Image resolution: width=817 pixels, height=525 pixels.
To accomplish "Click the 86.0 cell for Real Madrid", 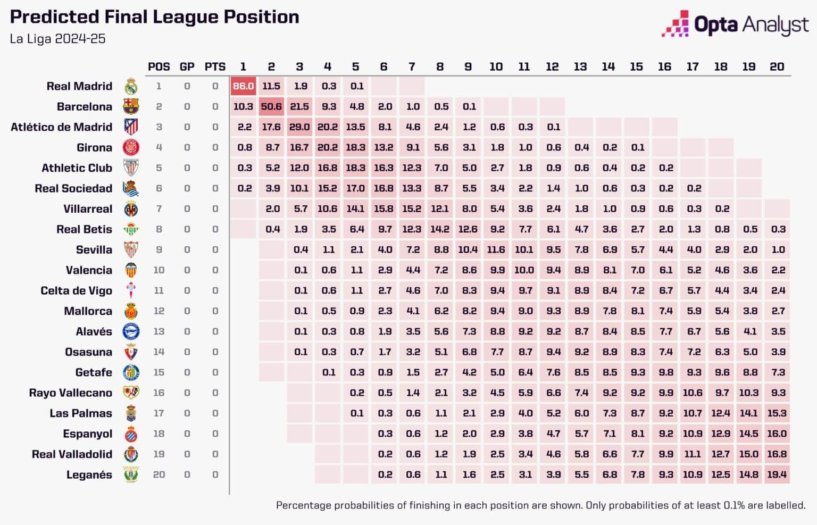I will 243,86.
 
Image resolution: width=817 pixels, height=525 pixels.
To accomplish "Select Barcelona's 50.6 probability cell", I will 271,106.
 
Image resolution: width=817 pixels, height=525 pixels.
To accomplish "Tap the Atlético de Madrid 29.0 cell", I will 299,127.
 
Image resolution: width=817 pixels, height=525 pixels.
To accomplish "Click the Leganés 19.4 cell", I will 777,474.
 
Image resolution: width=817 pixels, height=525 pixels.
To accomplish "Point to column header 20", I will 777,66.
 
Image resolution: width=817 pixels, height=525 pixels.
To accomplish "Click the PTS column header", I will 215,66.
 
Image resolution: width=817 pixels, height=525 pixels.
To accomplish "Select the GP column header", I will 187,66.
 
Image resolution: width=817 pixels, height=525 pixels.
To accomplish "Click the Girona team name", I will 94,147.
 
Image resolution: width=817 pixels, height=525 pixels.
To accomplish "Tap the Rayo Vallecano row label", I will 70,393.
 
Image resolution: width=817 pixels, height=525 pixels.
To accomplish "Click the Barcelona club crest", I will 131,106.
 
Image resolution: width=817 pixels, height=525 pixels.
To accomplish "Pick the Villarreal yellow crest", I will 131,209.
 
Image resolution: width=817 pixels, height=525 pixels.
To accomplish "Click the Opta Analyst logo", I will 735,24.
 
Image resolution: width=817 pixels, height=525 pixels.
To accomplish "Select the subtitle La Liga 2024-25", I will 57,39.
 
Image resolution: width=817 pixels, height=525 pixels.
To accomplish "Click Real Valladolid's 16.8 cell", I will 777,454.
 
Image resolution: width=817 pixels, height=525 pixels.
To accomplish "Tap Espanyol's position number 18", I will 159,434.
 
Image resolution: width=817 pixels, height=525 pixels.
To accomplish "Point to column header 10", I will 496,66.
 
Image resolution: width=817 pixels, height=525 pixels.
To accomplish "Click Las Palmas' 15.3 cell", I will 777,413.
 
